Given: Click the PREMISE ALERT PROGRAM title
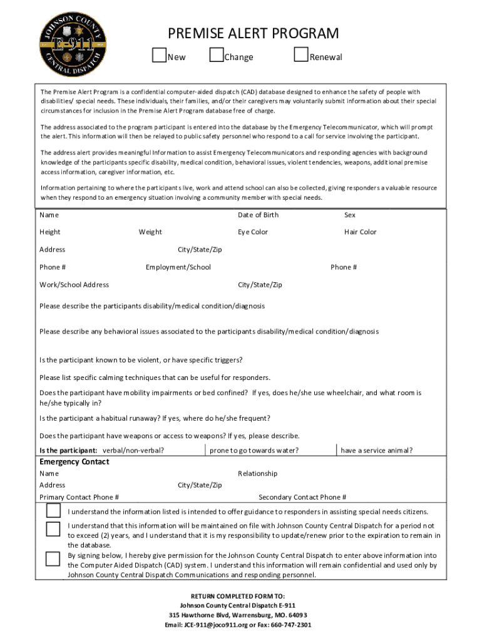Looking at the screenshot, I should (253, 34).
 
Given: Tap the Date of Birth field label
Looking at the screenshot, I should (258, 215).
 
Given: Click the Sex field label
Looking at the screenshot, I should (349, 215).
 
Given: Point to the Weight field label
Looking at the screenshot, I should (150, 232).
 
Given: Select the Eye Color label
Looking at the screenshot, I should (252, 232).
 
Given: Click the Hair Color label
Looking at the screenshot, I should (360, 232).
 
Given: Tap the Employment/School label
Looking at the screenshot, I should (178, 267).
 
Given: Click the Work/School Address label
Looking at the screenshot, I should (74, 285).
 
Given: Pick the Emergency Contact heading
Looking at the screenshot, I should (74, 462).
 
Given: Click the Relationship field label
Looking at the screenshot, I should (257, 474).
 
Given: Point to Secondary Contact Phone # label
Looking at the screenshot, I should (302, 498).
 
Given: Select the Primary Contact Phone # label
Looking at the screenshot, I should (79, 498).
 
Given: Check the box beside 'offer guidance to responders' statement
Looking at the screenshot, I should (53, 511).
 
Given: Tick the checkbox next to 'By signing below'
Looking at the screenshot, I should (53, 558).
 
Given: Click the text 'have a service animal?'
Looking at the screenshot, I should (376, 451).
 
